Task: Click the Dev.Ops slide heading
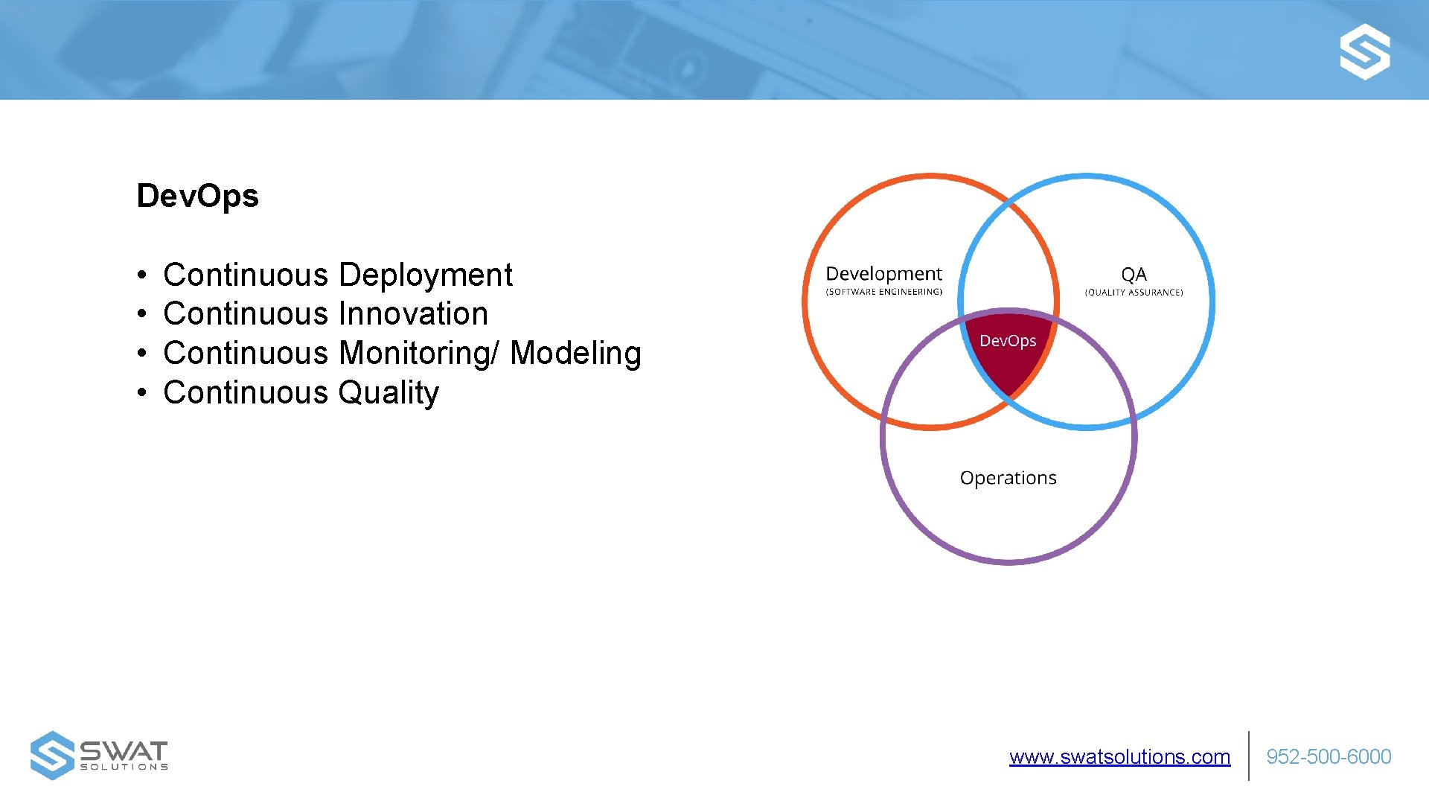coord(197,196)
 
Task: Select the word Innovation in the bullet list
coord(413,314)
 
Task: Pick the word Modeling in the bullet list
coord(575,354)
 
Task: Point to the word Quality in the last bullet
coord(388,393)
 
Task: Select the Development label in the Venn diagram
coord(883,274)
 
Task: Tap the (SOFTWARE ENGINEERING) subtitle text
coord(883,292)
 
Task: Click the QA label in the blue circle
coord(1134,275)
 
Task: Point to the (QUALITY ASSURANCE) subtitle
coord(1134,293)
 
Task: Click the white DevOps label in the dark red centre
coord(1008,341)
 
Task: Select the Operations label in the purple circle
coord(1008,478)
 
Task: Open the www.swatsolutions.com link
coord(1119,757)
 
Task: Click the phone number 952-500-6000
coord(1329,757)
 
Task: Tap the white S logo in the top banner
coord(1364,51)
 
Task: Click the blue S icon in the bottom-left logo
coord(51,756)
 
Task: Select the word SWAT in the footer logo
coord(124,750)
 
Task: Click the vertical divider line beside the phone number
coord(1249,756)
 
